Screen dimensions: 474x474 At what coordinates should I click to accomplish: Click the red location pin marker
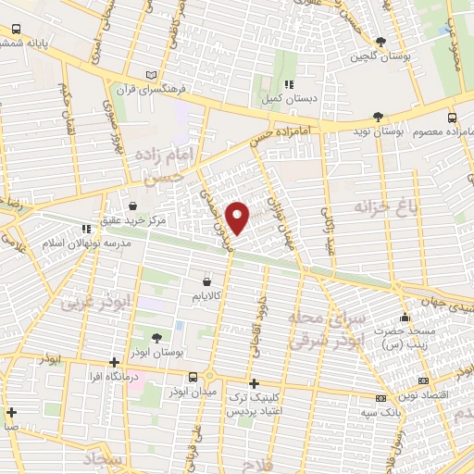pyautogui.click(x=238, y=217)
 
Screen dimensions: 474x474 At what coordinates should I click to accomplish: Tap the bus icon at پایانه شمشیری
pyautogui.click(x=16, y=30)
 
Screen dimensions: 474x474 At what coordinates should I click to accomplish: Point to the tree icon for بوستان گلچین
pyautogui.click(x=380, y=42)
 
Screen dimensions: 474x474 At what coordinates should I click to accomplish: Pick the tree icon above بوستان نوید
pyautogui.click(x=377, y=117)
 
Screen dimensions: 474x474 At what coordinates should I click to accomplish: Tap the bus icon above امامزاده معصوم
pyautogui.click(x=452, y=118)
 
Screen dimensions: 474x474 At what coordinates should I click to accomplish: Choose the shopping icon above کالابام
pyautogui.click(x=206, y=277)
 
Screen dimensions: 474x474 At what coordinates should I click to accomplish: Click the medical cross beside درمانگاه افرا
pyautogui.click(x=113, y=363)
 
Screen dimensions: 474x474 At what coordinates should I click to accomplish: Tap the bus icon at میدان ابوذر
pyautogui.click(x=193, y=377)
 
